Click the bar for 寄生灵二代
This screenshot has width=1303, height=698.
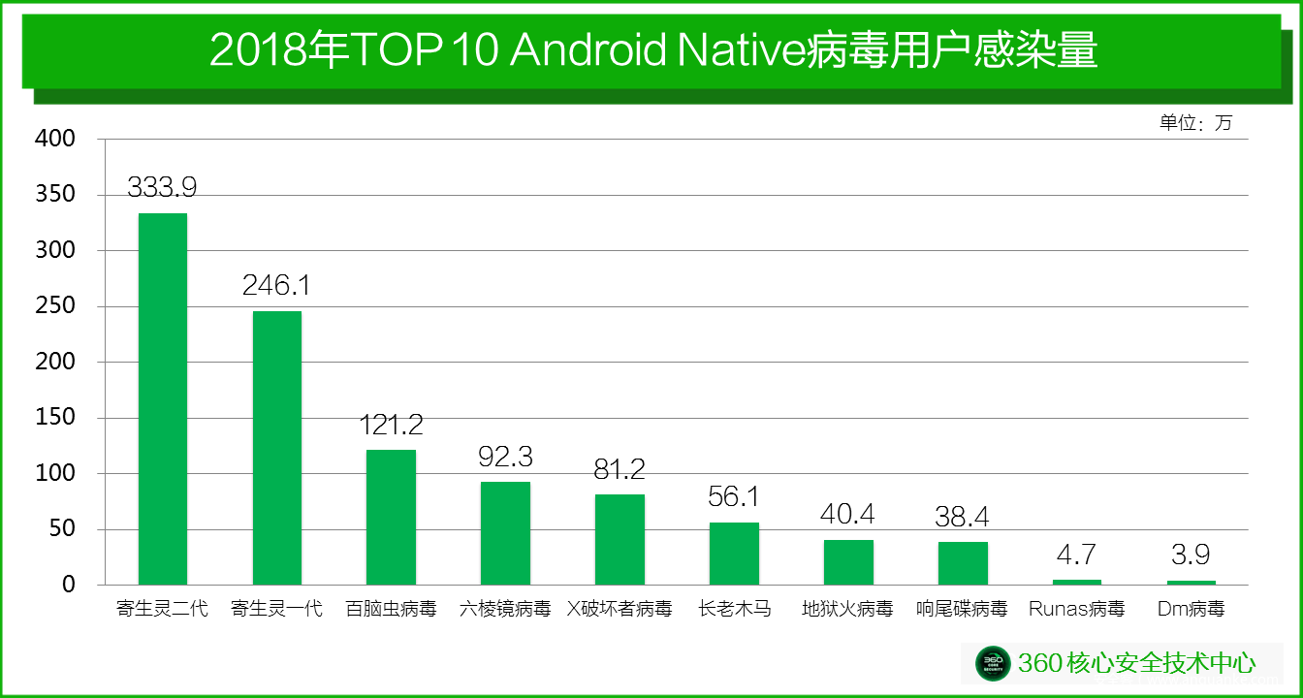[x=163, y=398]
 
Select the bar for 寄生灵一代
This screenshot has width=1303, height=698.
[x=277, y=448]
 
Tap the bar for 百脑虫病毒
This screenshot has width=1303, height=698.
[x=392, y=517]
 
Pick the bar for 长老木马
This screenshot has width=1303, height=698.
[x=734, y=554]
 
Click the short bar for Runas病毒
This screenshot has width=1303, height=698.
[x=1077, y=582]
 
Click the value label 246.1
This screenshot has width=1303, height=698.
[x=276, y=285]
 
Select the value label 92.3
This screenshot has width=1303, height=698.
[x=505, y=457]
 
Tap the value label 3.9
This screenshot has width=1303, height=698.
[x=1192, y=555]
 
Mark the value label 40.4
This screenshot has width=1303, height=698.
[x=848, y=514]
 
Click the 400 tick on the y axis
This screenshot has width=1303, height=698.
[x=54, y=139]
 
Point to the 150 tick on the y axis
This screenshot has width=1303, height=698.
[x=54, y=418]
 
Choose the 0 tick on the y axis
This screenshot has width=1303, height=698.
[x=68, y=585]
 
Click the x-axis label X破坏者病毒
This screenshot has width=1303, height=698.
[x=620, y=610]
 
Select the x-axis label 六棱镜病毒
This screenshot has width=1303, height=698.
[x=505, y=610]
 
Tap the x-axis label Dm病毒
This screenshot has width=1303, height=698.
[x=1192, y=610]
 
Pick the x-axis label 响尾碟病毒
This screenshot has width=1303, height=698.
[x=963, y=610]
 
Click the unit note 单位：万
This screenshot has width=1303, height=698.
[x=1195, y=123]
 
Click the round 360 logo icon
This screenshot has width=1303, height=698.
[x=993, y=663]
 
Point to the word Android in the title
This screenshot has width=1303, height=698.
[x=588, y=50]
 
